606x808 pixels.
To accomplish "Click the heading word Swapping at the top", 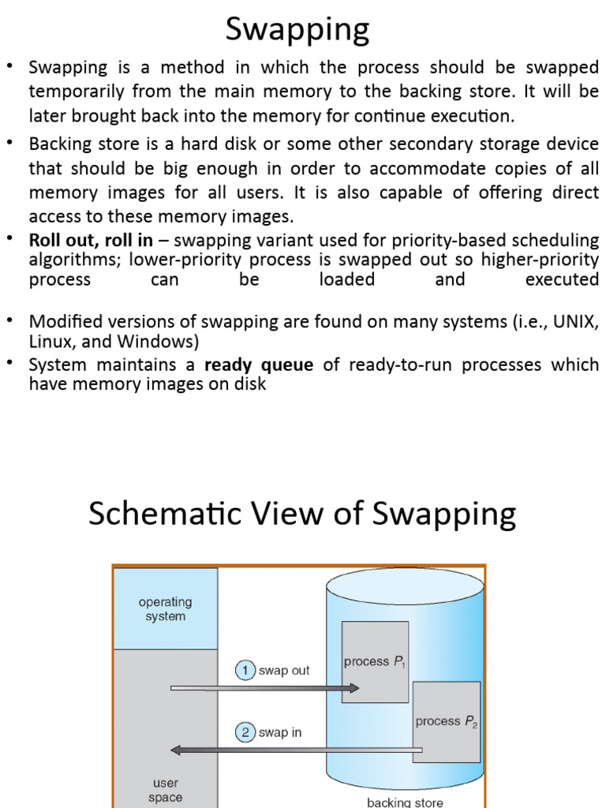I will click(x=297, y=30).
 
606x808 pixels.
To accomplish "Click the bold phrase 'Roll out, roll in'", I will click(x=99, y=241).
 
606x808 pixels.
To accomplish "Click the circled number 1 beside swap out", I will click(x=245, y=671).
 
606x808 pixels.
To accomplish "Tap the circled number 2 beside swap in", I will click(x=245, y=732).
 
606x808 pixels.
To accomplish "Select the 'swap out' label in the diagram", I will click(x=284, y=671).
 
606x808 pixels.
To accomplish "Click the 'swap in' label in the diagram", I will click(x=280, y=732).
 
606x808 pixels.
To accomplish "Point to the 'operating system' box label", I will click(x=165, y=609).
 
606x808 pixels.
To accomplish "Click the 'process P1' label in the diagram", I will click(x=374, y=662).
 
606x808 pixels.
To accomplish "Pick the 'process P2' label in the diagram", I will click(x=446, y=721).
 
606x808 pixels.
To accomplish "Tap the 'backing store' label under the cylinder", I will click(x=405, y=802).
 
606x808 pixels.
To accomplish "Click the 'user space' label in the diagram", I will click(x=165, y=790).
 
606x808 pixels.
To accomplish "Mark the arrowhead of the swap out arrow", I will click(x=354, y=688).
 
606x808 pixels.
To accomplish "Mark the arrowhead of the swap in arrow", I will click(x=176, y=750).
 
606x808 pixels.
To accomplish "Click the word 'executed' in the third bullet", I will click(x=561, y=279).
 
